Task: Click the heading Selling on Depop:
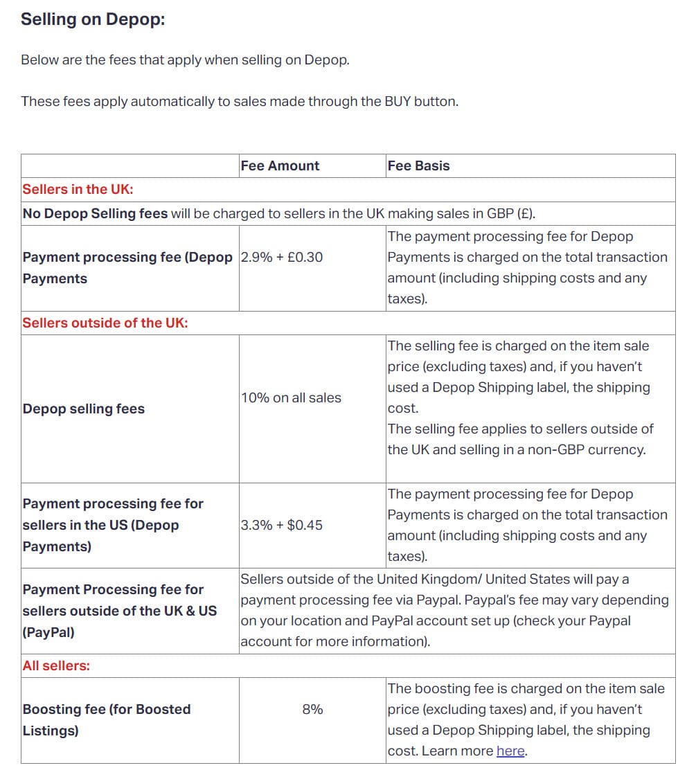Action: point(93,19)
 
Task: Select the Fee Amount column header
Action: point(280,165)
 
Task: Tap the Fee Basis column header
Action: point(418,165)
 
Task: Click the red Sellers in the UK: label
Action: point(78,189)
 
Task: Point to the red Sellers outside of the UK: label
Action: point(105,323)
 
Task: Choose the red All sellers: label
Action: point(56,665)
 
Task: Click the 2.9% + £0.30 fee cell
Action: point(282,257)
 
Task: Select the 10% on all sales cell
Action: point(291,397)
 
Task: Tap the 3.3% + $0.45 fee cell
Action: point(282,525)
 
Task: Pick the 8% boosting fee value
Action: point(312,709)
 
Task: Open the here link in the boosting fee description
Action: point(510,751)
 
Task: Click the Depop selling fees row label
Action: point(84,409)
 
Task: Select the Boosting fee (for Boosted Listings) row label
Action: point(106,719)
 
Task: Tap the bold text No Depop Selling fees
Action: point(95,213)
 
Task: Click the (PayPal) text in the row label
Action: point(48,632)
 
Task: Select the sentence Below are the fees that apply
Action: point(185,60)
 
